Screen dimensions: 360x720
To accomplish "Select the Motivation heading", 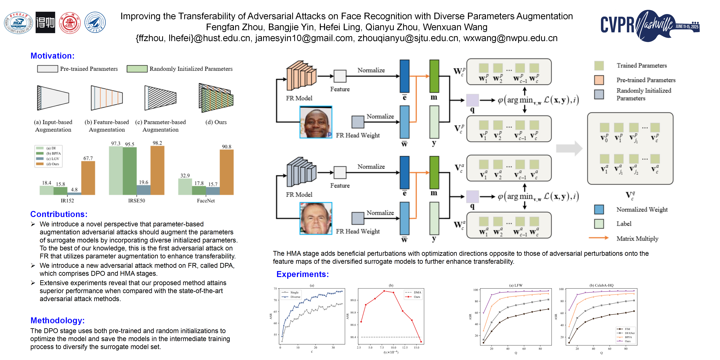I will pos(52,56).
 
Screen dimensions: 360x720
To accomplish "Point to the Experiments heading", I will pos(302,274).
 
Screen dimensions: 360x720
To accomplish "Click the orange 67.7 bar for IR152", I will pos(88,178).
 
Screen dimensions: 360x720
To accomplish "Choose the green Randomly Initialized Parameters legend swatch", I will pos(137,69).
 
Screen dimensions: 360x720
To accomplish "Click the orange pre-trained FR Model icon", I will pos(301,75).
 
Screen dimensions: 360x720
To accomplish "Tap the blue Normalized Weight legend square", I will pos(599,209).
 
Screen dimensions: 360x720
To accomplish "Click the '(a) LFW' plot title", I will pos(516,285).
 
